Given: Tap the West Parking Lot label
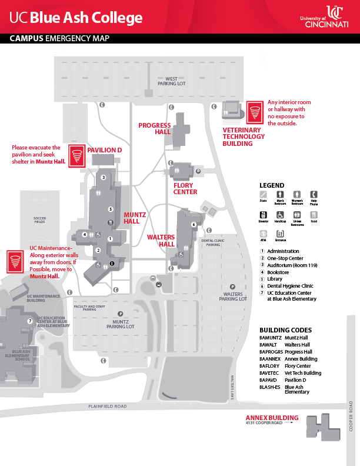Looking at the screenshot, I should click(x=171, y=81).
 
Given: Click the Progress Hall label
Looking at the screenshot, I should click(x=155, y=128).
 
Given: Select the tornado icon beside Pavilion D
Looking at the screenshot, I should click(x=76, y=154).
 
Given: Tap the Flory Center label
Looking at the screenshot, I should click(x=185, y=188).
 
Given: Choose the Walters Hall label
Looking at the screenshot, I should click(x=161, y=241).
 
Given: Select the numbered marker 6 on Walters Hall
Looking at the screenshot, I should click(x=193, y=224).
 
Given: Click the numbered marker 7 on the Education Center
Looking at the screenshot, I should click(x=29, y=321).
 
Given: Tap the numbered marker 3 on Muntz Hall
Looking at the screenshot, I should click(x=103, y=177).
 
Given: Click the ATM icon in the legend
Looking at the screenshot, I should click(x=263, y=234).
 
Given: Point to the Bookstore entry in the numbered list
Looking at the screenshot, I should click(x=281, y=273).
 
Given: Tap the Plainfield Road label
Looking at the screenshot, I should click(x=108, y=406).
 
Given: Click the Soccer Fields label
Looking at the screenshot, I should click(x=39, y=220).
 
